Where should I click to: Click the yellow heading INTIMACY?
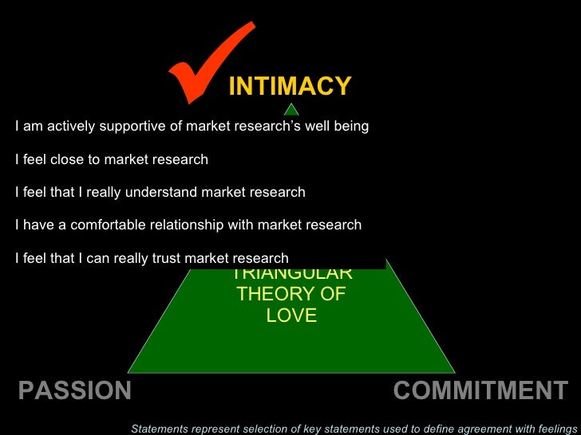click(x=290, y=86)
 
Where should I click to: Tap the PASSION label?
click(x=74, y=390)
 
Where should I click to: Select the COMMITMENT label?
click(x=480, y=390)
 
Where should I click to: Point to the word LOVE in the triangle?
click(x=291, y=315)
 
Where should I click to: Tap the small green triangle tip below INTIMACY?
click(x=291, y=110)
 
